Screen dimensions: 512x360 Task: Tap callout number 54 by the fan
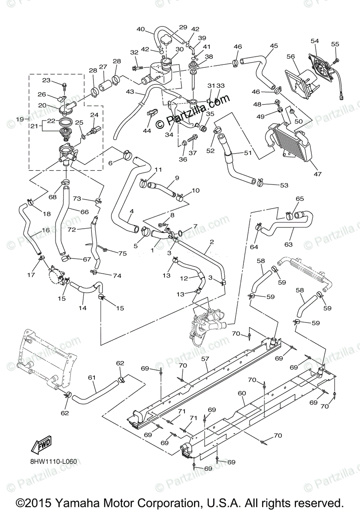(x=315, y=41)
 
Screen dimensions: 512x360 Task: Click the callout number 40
(x=140, y=29)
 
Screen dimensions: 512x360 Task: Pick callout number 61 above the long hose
(x=92, y=378)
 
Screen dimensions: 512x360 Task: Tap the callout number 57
(x=205, y=359)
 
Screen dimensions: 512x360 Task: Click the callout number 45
(x=274, y=46)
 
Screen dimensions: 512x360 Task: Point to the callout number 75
(x=123, y=253)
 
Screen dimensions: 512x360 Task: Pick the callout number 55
(x=335, y=44)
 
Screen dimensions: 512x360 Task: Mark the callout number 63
(x=289, y=244)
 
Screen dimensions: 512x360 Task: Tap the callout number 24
(x=94, y=115)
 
